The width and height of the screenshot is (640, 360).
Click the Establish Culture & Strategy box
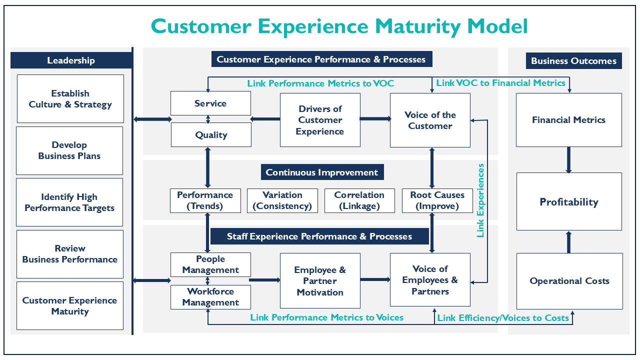70,99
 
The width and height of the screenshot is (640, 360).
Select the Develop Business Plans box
69,150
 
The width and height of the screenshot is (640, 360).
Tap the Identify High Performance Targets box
69,202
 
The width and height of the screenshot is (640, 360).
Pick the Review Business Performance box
70,254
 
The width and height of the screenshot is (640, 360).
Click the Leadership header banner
71,60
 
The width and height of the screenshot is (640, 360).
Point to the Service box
210,103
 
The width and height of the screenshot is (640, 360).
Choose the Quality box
211,135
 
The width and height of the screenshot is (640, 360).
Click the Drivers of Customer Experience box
320,120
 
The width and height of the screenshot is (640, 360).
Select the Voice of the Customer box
430,120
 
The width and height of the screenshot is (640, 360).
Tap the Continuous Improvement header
322,172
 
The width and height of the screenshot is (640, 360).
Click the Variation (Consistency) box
282,200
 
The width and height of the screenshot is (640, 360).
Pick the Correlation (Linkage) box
359,200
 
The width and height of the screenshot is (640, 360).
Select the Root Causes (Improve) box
437,200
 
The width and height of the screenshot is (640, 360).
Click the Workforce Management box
210,297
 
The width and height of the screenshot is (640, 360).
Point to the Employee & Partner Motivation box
320,280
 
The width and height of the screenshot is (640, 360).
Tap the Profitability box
569,201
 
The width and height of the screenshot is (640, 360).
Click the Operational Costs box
569,281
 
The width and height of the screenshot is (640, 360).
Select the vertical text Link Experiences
480,200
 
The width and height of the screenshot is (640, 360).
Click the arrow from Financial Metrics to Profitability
569,160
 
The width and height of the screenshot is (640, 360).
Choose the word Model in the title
497,26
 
